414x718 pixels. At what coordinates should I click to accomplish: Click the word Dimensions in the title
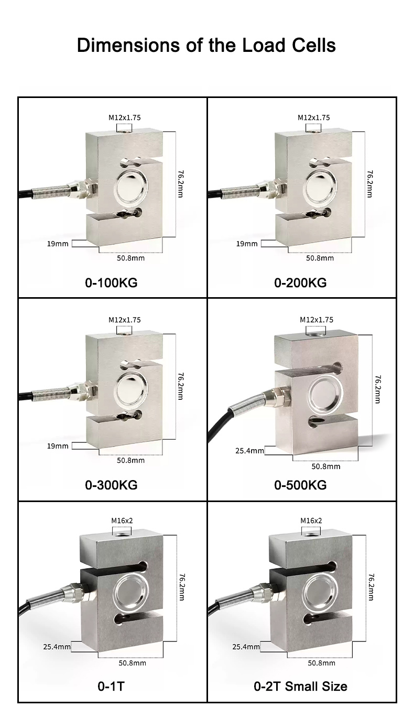(x=129, y=45)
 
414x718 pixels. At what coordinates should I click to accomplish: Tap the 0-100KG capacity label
(x=111, y=282)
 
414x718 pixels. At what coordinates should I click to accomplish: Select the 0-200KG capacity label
(x=300, y=282)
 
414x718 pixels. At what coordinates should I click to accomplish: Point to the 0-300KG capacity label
(x=111, y=485)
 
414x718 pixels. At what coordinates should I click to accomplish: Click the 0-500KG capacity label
(x=300, y=485)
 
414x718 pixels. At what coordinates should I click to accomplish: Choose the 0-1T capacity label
(x=111, y=686)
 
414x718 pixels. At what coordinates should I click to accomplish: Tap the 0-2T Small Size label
(x=301, y=686)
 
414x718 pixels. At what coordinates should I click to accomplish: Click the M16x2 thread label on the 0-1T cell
(x=122, y=520)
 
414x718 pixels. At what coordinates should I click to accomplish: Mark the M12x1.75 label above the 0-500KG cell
(x=317, y=320)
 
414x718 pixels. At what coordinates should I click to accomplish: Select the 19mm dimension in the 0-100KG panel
(x=58, y=244)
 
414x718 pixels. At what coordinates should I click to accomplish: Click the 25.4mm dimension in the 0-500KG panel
(x=249, y=451)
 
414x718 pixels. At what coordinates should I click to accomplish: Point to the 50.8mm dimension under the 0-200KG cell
(x=320, y=258)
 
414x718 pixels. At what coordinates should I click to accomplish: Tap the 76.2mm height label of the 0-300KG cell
(x=180, y=386)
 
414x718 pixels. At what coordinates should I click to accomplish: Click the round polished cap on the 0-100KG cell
(x=132, y=188)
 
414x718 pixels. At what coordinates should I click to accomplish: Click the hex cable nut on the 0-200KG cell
(x=279, y=187)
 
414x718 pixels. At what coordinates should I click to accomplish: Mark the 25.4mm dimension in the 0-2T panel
(x=246, y=647)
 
